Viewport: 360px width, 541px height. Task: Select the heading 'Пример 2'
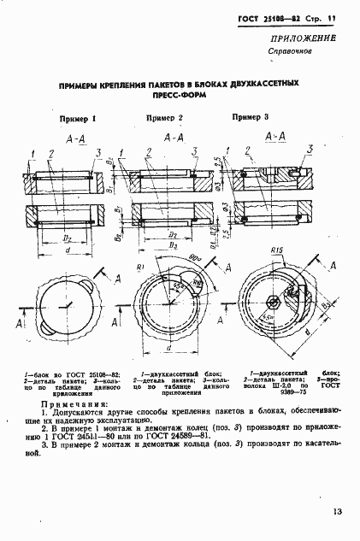coord(164,117)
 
